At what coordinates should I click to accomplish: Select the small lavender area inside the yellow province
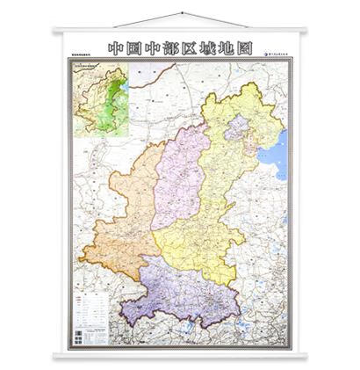coord(234,132)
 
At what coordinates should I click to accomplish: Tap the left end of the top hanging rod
coord(55,33)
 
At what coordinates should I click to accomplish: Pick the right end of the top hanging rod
coord(305,33)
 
